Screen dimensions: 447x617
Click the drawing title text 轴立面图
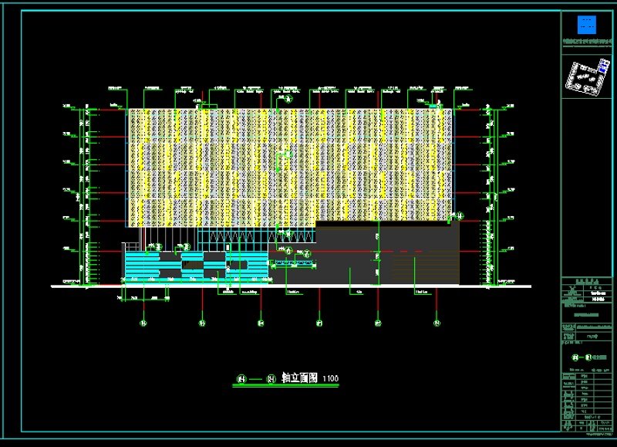(x=298, y=378)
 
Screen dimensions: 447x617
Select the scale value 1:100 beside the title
(x=330, y=378)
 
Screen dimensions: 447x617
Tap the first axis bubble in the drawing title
(x=241, y=378)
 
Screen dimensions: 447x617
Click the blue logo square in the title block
(x=588, y=24)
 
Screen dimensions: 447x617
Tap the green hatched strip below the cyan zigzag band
(x=293, y=263)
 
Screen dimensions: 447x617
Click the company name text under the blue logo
(x=588, y=42)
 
